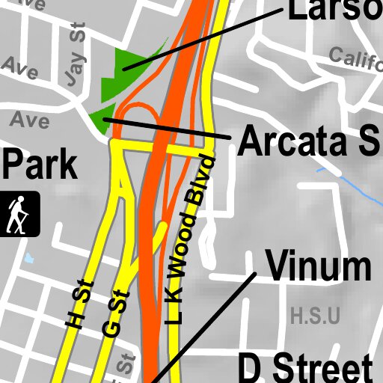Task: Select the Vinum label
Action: (319, 267)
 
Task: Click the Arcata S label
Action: (309, 142)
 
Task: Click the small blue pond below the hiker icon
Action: (29, 258)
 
